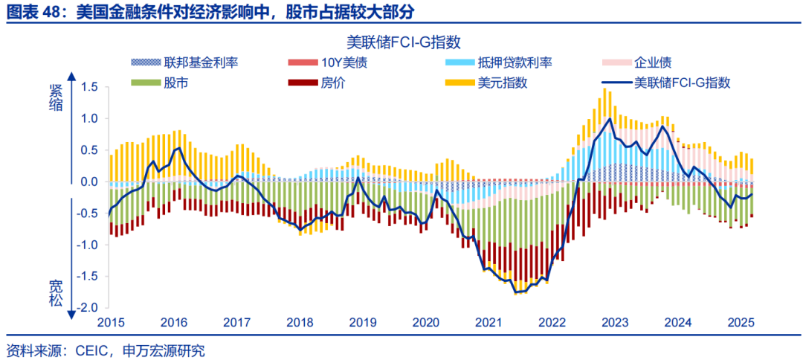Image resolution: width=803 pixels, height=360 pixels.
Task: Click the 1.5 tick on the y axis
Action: point(88,88)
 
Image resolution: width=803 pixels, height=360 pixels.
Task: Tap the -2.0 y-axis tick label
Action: point(86,308)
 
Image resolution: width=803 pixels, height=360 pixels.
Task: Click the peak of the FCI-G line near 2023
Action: point(610,119)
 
